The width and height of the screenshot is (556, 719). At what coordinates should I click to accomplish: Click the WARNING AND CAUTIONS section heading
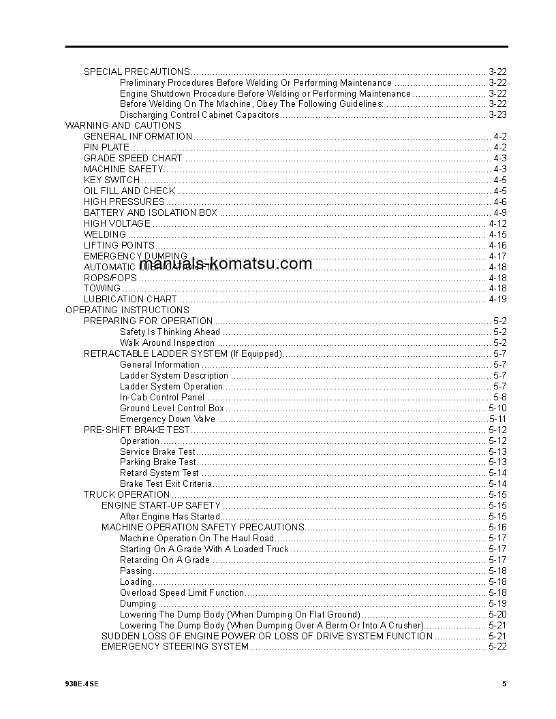pos(123,126)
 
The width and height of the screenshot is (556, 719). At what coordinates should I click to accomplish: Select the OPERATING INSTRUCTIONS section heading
pos(127,310)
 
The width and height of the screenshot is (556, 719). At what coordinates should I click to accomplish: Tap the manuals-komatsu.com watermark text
pos(226,264)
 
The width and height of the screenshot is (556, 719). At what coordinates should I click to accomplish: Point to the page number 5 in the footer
pos(504,684)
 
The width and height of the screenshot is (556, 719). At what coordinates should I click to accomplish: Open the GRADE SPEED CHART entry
pos(133,159)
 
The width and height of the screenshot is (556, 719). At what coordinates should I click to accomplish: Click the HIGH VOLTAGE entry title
pos(117,223)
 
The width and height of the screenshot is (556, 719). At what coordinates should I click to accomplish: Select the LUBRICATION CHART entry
pos(130,299)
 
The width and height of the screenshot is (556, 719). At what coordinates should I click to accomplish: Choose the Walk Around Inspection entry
pos(167,343)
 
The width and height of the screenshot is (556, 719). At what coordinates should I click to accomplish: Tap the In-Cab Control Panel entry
pos(162,397)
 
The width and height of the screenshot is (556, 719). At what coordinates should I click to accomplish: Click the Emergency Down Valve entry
pos(168,419)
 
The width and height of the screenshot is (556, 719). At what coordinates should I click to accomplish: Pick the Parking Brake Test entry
pos(158,462)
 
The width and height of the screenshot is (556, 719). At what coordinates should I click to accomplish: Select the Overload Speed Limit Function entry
pos(182,593)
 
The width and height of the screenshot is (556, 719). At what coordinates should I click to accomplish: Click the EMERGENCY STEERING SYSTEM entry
pos(175,647)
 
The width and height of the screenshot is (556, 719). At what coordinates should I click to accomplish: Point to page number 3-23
pos(497,115)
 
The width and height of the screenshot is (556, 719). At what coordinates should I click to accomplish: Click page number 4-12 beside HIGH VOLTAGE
pos(497,223)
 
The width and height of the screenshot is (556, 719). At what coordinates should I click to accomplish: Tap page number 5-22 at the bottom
pos(497,647)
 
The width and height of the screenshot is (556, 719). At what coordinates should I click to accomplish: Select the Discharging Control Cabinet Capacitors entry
pos(200,115)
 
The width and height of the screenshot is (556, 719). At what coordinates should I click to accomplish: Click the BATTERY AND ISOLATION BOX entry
pos(151,212)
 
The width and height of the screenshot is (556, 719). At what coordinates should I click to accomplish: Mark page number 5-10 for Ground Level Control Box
pos(497,409)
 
